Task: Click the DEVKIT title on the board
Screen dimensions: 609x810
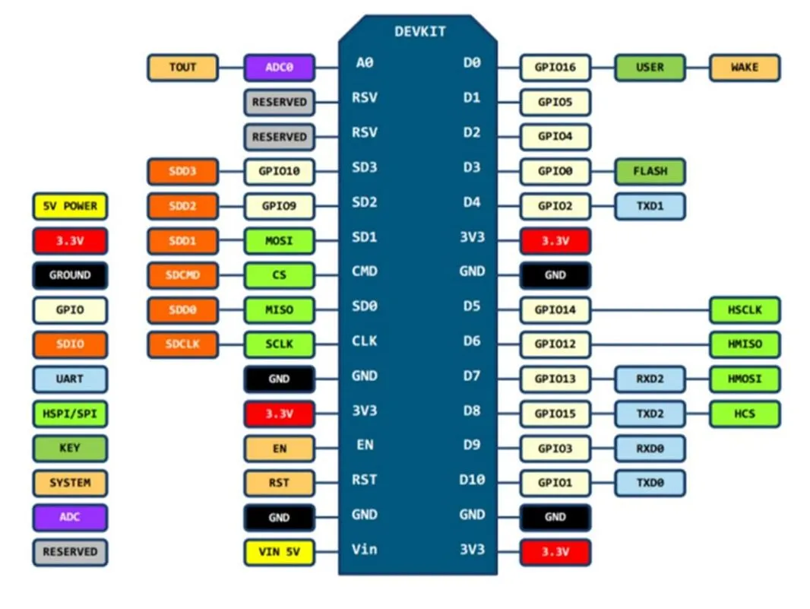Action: (420, 32)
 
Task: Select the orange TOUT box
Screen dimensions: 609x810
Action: (182, 68)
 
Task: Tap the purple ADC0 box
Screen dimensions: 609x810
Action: (279, 68)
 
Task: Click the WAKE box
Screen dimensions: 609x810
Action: (744, 68)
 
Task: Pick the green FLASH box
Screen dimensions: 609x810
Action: (649, 171)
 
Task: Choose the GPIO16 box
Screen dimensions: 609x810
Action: (555, 68)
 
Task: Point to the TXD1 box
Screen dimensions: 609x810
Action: (649, 206)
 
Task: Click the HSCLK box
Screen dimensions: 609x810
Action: (744, 309)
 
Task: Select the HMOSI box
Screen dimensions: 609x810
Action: (744, 379)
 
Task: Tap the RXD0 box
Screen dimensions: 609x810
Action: (649, 449)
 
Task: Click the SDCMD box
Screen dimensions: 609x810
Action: (182, 274)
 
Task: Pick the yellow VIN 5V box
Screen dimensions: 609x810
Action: (279, 553)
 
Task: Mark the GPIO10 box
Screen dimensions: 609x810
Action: (279, 171)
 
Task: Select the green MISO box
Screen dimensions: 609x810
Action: (279, 309)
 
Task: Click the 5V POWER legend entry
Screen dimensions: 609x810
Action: (70, 206)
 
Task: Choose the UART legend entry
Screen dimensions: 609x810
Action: (70, 379)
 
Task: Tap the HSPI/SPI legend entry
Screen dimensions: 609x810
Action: (70, 414)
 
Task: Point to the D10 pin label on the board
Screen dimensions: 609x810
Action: (472, 480)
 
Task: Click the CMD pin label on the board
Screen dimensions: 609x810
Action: (365, 271)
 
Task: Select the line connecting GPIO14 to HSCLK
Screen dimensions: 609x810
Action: (650, 310)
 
